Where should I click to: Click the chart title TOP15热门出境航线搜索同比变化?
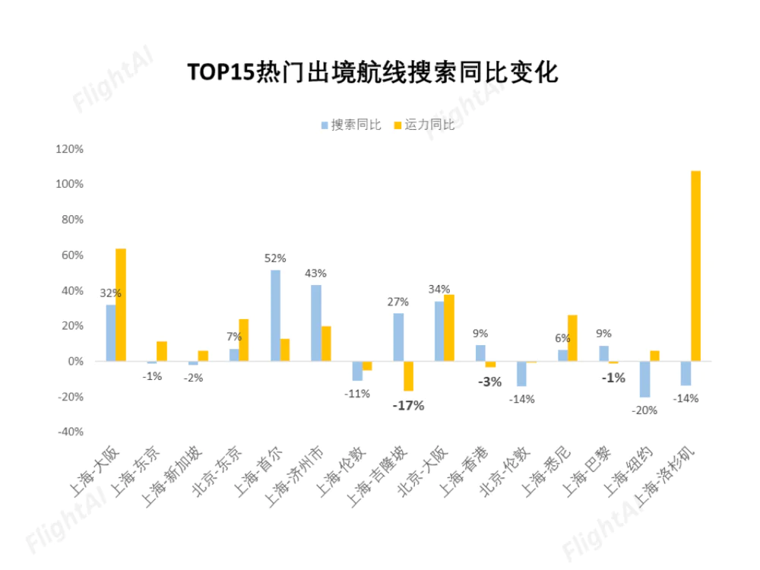(x=372, y=72)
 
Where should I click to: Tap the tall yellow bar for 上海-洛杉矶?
(x=695, y=266)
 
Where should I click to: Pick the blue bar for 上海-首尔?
(x=275, y=315)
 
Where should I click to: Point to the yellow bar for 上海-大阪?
(x=121, y=305)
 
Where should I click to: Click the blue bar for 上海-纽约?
(x=644, y=378)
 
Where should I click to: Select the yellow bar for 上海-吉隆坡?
(x=408, y=375)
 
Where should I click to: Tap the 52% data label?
(x=275, y=258)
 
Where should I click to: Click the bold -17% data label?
(x=408, y=406)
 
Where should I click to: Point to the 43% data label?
(x=315, y=273)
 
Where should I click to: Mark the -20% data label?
(x=644, y=410)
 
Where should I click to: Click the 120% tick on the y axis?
(x=69, y=149)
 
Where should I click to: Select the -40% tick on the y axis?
(x=69, y=432)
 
